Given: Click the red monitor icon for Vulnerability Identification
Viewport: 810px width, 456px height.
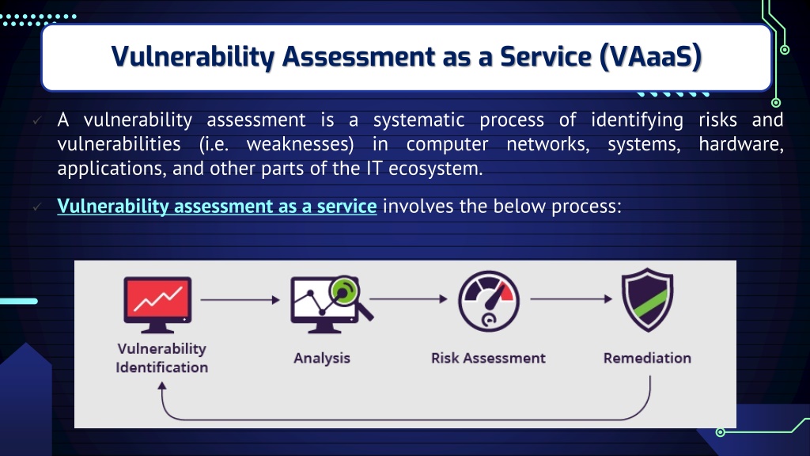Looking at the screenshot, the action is tap(157, 305).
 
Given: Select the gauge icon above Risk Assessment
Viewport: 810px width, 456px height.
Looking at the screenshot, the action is tap(489, 301).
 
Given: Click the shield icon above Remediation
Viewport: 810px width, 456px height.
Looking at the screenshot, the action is tap(647, 299).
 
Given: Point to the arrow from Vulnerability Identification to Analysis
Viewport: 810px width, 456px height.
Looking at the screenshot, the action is tap(240, 299).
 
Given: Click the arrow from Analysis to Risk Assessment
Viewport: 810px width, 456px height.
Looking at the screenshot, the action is tap(409, 298).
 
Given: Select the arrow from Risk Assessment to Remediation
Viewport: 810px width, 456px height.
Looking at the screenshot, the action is tap(571, 298).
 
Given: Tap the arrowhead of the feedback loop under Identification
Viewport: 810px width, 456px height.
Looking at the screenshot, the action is tap(162, 386).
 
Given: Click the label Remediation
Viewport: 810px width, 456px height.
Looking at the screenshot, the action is tap(647, 358).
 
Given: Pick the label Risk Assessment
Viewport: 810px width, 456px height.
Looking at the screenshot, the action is tap(488, 358).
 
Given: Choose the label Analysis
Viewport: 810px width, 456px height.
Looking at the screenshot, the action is tap(322, 359).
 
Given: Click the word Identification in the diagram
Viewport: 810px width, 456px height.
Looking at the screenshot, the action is tap(161, 367).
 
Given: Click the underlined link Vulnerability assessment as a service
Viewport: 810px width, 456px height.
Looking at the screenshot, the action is tap(217, 207).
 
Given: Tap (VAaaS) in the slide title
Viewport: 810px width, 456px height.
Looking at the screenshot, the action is tap(650, 56).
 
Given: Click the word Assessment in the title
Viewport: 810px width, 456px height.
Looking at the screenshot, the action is tap(358, 56).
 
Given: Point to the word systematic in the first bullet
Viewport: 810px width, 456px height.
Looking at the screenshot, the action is tap(419, 120).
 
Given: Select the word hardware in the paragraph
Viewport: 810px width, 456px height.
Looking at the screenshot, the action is tap(740, 144).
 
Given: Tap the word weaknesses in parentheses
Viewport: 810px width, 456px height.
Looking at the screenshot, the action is tap(300, 144).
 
